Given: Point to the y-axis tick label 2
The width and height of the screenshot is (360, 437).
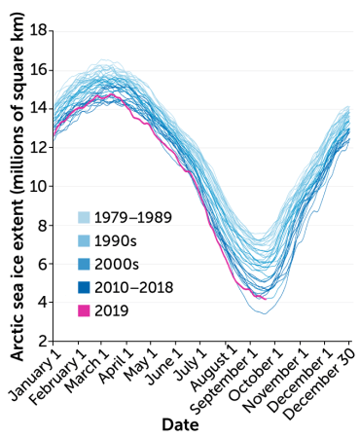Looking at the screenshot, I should pos(43,342).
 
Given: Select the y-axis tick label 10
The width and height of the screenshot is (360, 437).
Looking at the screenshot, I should pos(39,186).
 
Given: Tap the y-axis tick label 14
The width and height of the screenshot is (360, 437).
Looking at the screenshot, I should pos(39,108).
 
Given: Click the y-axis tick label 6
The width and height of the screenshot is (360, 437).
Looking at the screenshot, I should pos(43,264).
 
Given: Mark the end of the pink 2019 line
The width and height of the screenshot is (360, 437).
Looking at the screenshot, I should pos(265,299).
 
